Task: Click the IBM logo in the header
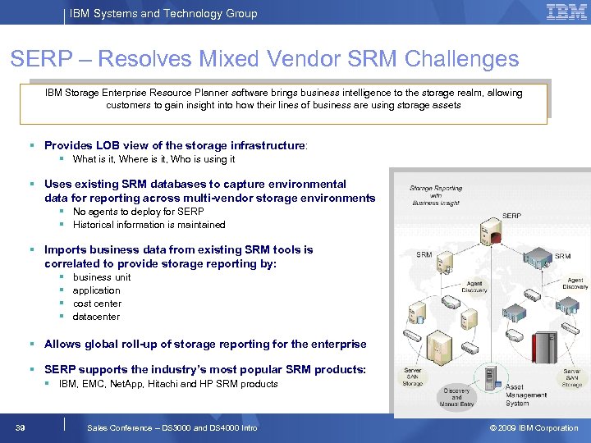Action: pos(566,12)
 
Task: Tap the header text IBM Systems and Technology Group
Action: pos(163,13)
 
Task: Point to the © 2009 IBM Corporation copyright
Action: pos(534,427)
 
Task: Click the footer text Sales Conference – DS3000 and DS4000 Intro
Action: pos(172,427)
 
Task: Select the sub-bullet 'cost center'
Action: pos(97,304)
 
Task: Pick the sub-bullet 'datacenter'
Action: pos(96,317)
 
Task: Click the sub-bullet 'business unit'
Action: pos(102,277)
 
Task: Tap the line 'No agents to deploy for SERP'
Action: pos(138,212)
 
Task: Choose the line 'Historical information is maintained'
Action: pos(149,225)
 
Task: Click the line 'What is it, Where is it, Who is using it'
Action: pos(153,159)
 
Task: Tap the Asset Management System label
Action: pos(526,395)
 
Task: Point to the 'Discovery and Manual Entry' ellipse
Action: pos(456,396)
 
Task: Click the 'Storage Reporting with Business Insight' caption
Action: pos(436,195)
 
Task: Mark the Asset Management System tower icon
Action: pos(493,379)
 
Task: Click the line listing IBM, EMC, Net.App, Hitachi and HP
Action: pos(168,384)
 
